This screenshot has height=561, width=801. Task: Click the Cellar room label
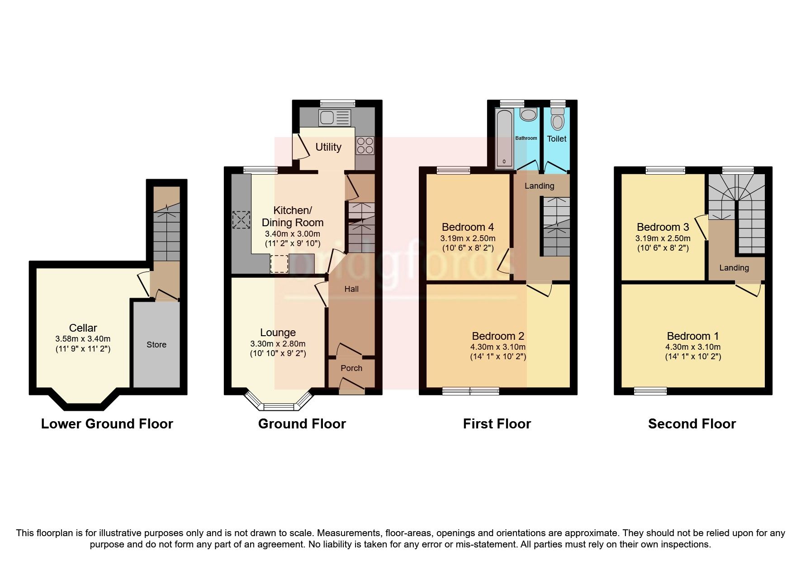point(83,328)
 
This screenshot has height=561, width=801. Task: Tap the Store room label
point(156,345)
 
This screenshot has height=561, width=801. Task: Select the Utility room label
point(328,147)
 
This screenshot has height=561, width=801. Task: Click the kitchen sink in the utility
point(334,118)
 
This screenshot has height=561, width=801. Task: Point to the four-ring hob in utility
point(365,145)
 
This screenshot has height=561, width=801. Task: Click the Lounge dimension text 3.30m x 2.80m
point(278,344)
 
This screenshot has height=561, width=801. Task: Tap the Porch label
point(351,368)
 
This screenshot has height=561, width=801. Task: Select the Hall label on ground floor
point(351,289)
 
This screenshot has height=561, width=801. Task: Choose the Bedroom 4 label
point(468,227)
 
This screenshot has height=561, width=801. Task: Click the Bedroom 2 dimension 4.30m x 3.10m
point(498,347)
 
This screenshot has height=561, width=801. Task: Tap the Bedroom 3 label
point(663,227)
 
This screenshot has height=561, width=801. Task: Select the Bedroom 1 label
point(692,336)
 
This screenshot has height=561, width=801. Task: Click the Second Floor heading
point(692,424)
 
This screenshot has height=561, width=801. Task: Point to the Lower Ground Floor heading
point(107,424)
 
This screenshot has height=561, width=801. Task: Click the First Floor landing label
point(539,186)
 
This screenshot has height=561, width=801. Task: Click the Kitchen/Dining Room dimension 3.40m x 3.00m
point(292,234)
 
